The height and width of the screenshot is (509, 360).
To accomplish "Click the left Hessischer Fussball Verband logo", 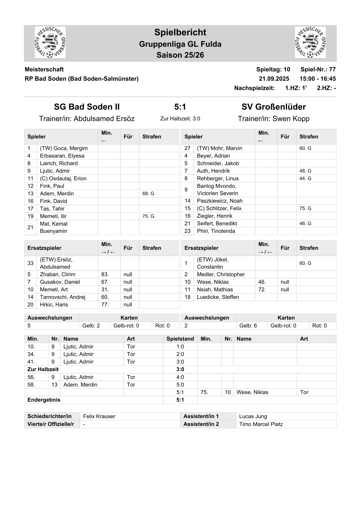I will click(x=50, y=42).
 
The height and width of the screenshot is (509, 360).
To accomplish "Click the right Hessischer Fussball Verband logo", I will click(x=310, y=42).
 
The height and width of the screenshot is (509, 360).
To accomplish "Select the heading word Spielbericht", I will click(x=180, y=32).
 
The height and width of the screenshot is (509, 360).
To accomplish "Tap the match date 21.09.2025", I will click(x=274, y=79).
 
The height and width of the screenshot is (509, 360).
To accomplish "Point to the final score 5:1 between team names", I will click(x=180, y=107).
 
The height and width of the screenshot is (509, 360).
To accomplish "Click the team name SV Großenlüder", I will click(x=273, y=107).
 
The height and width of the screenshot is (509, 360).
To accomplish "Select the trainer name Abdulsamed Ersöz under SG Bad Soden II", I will click(x=104, y=119).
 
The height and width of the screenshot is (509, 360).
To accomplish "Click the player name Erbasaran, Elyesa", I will click(x=62, y=156).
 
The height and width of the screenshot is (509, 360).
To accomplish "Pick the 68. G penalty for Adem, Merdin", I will click(x=148, y=194).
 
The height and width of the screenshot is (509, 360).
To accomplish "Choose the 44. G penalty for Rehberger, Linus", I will click(x=305, y=178).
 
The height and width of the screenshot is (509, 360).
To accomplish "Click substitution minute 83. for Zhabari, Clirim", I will click(x=105, y=274).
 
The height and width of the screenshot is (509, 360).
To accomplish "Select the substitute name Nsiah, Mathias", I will click(x=215, y=289).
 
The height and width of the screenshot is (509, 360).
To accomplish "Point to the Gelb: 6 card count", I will click(x=248, y=326).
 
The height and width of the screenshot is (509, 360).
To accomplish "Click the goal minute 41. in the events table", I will click(x=31, y=362).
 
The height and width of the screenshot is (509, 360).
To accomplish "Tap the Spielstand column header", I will click(x=180, y=339).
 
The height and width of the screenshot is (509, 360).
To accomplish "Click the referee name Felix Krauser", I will click(x=99, y=416).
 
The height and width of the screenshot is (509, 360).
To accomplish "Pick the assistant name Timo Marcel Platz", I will click(x=261, y=424).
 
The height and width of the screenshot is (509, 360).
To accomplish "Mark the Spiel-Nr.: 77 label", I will click(x=318, y=69).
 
